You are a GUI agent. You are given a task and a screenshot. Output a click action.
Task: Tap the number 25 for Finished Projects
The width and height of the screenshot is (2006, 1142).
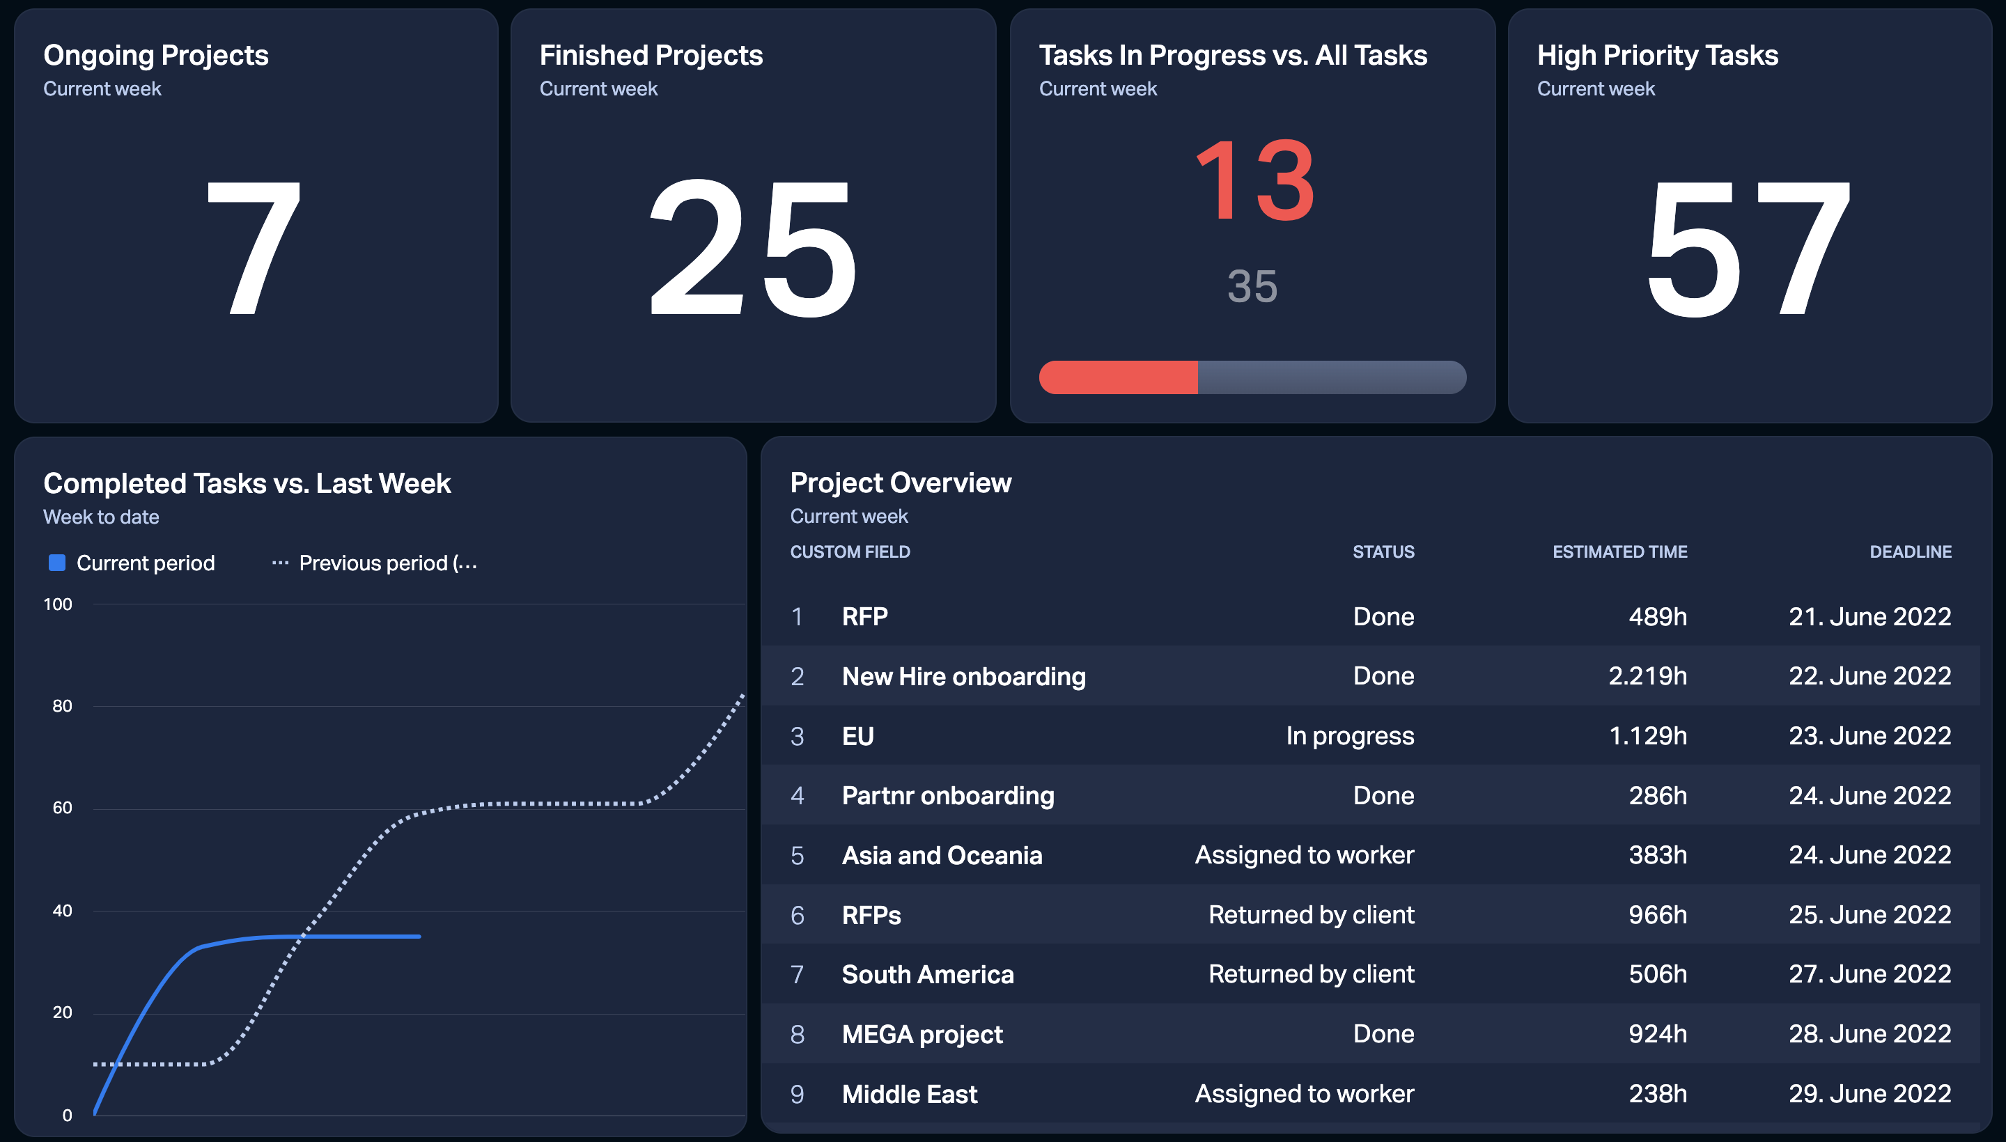click(x=753, y=248)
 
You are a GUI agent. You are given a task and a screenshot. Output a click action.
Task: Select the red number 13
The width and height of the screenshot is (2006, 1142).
click(x=1254, y=180)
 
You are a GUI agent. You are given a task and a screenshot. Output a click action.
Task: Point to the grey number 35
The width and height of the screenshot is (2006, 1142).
click(x=1253, y=286)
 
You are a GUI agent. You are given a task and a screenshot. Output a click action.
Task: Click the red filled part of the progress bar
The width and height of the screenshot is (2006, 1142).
click(x=1119, y=377)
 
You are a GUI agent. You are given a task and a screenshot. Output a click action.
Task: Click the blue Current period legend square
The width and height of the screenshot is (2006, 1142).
click(x=56, y=563)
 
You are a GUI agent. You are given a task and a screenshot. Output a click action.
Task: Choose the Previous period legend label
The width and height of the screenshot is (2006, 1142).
click(x=389, y=563)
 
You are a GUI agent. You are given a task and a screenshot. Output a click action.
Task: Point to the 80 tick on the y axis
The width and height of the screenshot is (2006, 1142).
click(x=62, y=706)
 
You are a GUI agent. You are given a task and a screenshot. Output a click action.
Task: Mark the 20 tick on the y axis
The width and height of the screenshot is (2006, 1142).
click(x=62, y=1012)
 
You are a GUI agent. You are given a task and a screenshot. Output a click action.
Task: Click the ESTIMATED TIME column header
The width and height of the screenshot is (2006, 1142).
click(x=1620, y=552)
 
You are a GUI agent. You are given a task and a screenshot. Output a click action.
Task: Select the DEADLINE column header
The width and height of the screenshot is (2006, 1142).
click(x=1911, y=552)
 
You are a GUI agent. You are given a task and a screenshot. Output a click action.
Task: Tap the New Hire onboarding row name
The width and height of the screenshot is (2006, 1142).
click(x=963, y=676)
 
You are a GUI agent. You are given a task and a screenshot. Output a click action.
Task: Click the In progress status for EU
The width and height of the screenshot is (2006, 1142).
click(x=1350, y=736)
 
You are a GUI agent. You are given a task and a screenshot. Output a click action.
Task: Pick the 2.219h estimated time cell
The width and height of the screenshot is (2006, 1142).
click(x=1647, y=676)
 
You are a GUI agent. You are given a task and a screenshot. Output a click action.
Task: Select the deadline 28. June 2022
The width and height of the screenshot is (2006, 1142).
click(x=1869, y=1034)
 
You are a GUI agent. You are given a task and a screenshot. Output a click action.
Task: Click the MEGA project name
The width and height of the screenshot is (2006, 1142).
click(x=923, y=1035)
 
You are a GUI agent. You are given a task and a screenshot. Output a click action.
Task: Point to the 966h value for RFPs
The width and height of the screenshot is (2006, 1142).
click(x=1658, y=914)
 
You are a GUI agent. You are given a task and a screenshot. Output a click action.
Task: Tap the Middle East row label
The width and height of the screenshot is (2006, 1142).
click(x=909, y=1094)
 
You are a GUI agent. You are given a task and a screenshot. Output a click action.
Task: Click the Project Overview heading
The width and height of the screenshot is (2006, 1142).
click(x=901, y=483)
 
